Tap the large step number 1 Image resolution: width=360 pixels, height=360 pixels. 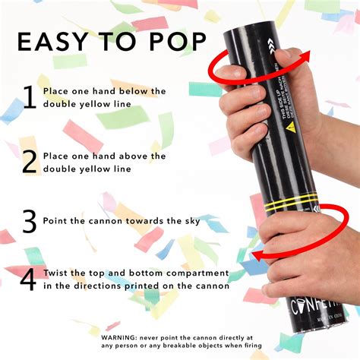[x=29, y=97]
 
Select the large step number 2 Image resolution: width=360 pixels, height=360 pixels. [x=29, y=162]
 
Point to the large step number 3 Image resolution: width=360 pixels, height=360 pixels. [x=29, y=221]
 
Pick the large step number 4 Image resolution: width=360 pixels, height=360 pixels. [x=28, y=279]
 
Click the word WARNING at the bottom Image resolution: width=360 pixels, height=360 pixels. [x=125, y=327]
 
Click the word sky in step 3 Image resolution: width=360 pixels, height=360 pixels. [x=190, y=220]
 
